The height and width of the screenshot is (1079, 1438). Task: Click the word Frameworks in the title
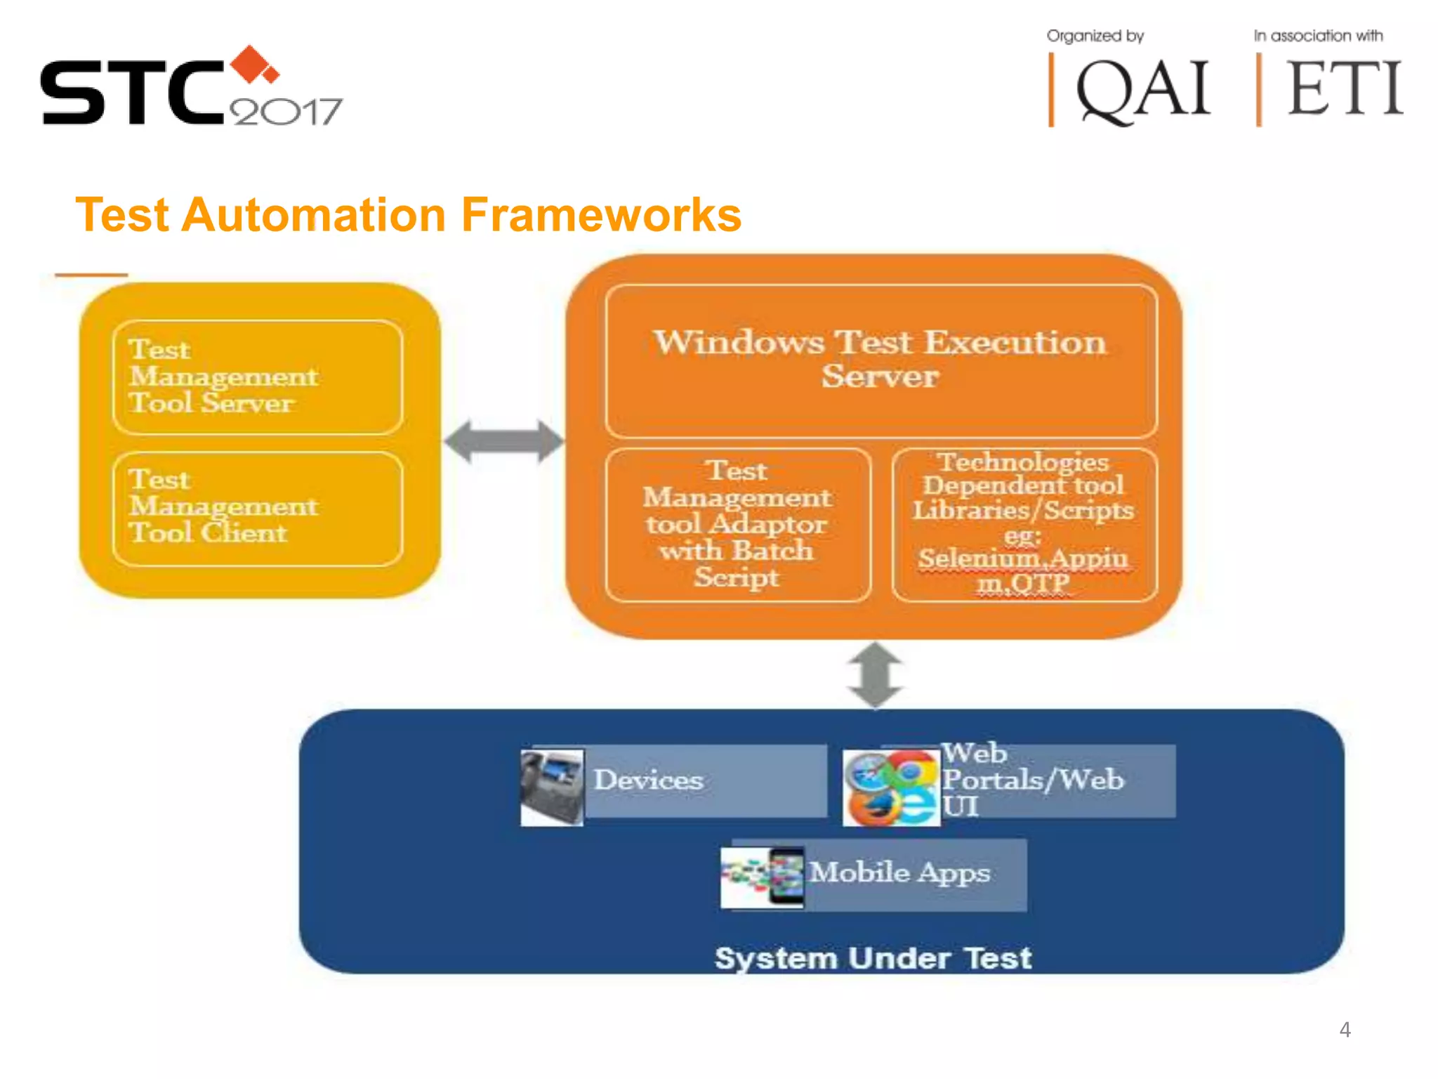click(601, 214)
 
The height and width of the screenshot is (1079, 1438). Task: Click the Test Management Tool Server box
click(257, 377)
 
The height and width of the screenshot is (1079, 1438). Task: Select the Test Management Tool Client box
click(257, 508)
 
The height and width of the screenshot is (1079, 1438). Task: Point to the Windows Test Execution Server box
click(880, 360)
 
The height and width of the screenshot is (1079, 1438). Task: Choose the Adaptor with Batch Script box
click(737, 524)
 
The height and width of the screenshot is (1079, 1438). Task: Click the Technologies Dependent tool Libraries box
click(1024, 524)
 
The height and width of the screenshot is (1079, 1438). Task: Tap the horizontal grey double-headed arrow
click(503, 441)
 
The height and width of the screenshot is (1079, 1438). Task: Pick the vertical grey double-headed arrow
click(875, 674)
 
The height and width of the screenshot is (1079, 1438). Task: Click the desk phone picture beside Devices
click(552, 787)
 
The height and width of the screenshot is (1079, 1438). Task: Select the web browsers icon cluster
click(891, 787)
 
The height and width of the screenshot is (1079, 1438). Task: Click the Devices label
click(648, 780)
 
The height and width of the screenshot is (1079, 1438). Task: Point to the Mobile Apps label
click(899, 872)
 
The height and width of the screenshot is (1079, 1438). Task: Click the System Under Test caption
click(873, 958)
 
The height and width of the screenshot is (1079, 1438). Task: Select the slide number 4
click(1345, 1030)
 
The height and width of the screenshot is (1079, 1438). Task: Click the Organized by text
click(1095, 36)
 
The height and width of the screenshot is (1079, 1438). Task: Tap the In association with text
click(1318, 36)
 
